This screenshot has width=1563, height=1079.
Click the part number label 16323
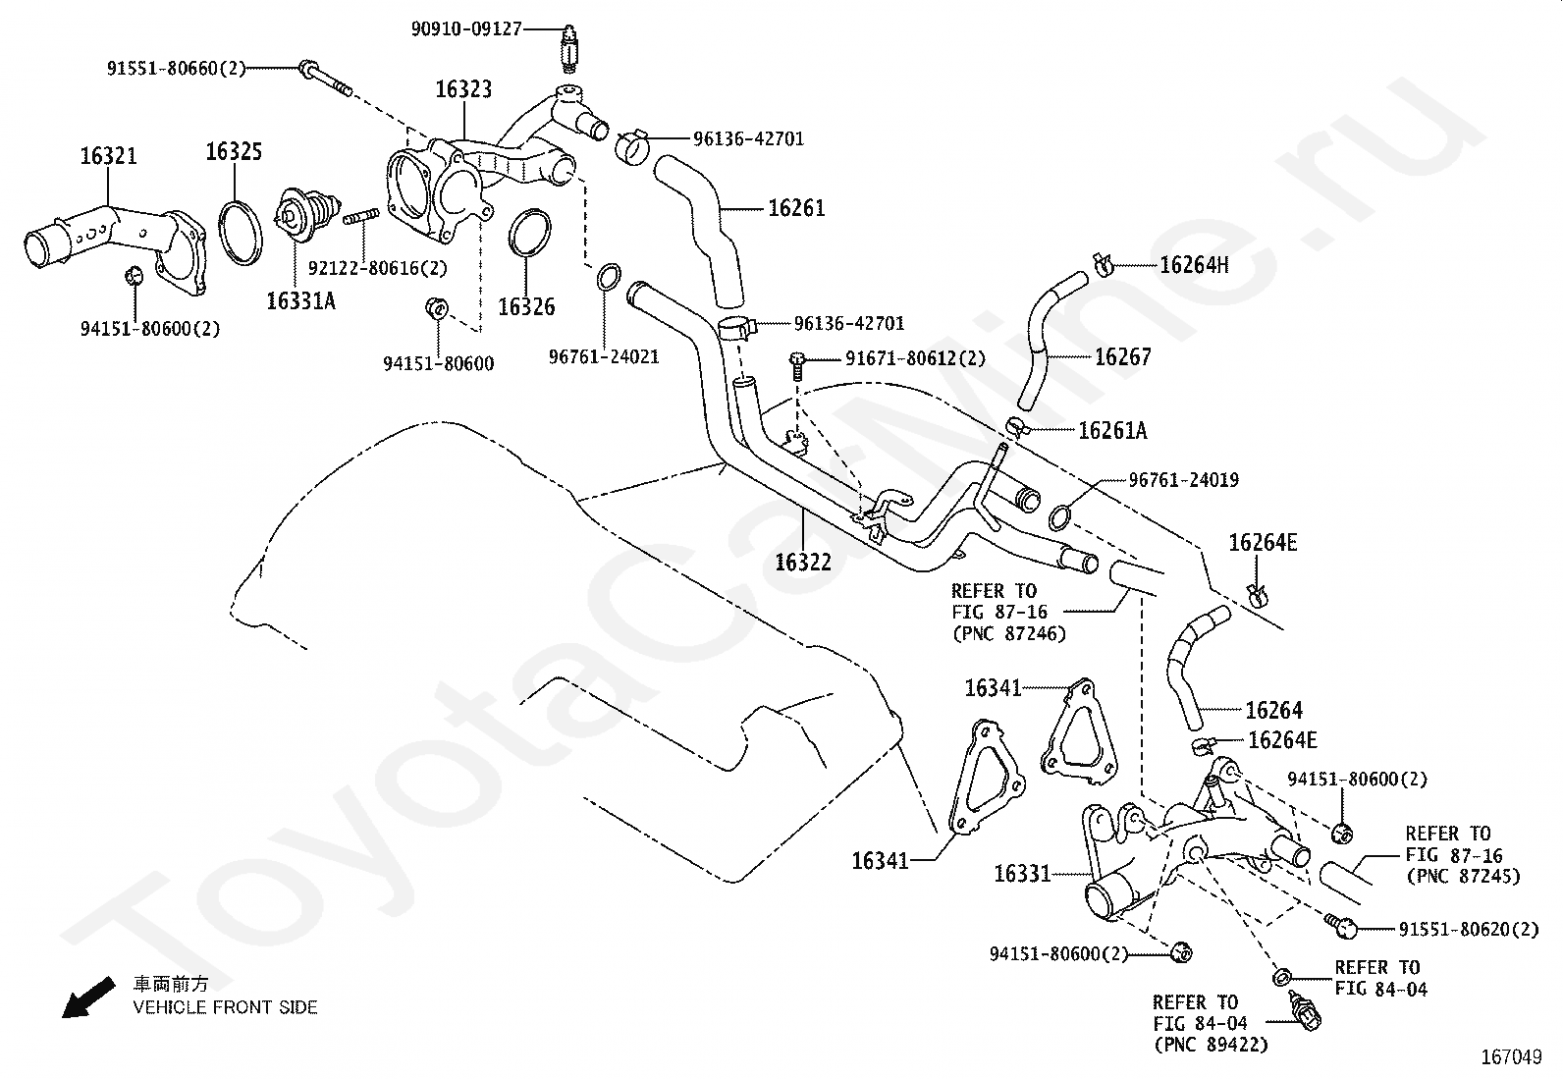(463, 89)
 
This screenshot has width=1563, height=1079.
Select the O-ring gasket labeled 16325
(241, 233)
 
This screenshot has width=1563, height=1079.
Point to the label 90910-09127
(466, 29)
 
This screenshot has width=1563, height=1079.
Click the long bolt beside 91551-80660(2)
(326, 79)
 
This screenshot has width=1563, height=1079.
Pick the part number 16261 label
(796, 208)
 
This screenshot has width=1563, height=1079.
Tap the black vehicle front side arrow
(88, 997)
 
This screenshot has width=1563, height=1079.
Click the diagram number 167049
(1511, 1057)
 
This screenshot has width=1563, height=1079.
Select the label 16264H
(1194, 265)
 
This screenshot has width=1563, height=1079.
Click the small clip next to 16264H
(1102, 264)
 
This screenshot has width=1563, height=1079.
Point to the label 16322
(803, 562)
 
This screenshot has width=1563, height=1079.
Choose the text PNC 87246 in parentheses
(1009, 633)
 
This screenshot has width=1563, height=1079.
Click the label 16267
(1123, 357)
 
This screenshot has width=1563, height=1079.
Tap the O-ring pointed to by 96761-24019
(1059, 517)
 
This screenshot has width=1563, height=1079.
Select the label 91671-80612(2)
(915, 358)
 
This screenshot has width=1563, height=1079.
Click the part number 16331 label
(1022, 873)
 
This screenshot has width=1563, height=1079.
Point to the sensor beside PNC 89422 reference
(1306, 1010)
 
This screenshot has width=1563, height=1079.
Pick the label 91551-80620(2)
(1468, 929)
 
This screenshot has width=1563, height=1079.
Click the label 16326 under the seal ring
(526, 306)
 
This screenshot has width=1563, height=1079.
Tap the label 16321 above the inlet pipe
(108, 156)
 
